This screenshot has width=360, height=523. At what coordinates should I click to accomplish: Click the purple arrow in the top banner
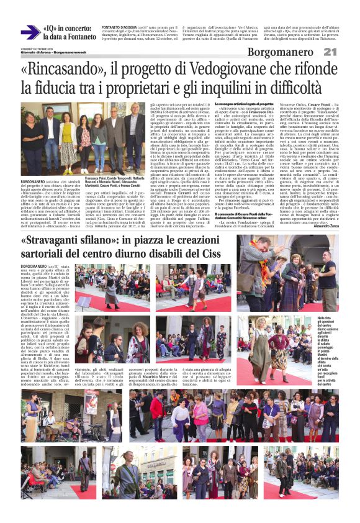click(29, 32)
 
